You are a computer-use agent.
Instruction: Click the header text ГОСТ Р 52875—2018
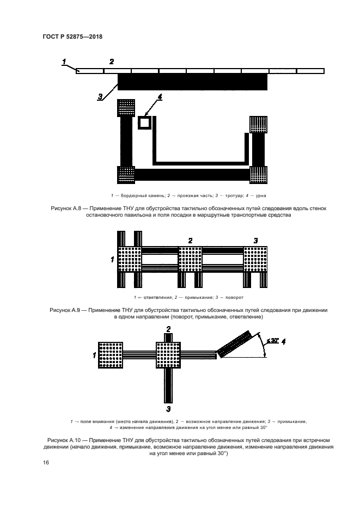pos(72,36)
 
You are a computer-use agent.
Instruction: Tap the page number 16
pos(46,462)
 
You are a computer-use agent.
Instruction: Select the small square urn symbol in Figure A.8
pos(144,122)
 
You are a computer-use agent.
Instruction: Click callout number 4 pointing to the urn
pos(160,97)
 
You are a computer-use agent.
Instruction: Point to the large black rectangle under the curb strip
pos(192,82)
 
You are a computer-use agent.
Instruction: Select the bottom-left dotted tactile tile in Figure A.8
pos(126,175)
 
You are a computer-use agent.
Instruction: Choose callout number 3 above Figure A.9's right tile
pos(255,240)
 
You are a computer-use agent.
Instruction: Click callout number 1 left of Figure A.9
pos(112,260)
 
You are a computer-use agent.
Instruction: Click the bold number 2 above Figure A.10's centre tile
pos(169,329)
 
